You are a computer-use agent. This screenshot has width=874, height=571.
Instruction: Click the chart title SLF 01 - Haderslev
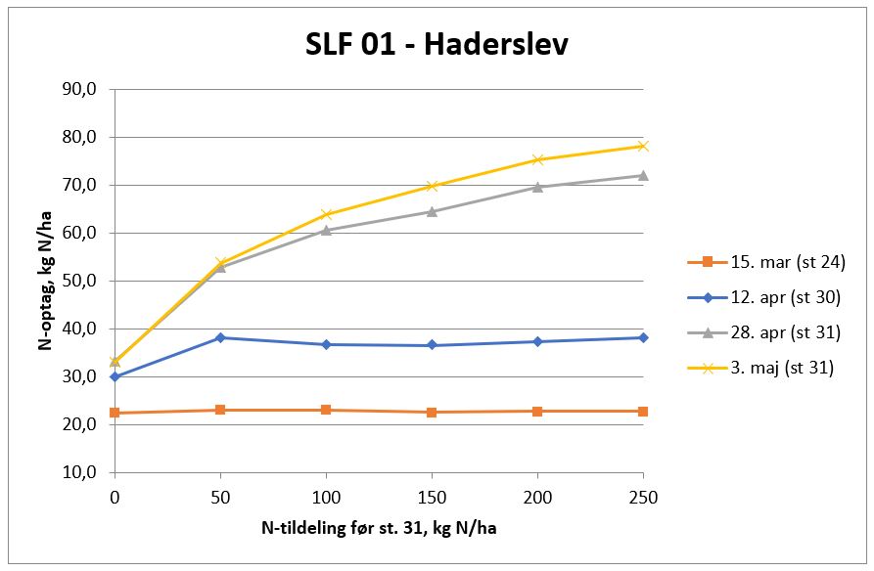click(x=436, y=45)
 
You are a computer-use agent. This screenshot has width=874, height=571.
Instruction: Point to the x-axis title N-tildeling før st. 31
click(x=379, y=528)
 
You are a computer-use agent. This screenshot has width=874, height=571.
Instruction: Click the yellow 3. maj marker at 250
click(x=643, y=146)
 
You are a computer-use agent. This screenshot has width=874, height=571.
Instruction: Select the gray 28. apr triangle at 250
click(x=643, y=175)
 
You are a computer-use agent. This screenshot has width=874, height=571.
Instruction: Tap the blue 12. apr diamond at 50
click(x=220, y=337)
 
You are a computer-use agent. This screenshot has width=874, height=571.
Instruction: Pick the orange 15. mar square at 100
click(x=326, y=410)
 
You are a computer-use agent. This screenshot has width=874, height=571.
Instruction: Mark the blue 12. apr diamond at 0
click(x=115, y=376)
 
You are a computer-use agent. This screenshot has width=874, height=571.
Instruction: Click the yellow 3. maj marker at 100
click(x=326, y=214)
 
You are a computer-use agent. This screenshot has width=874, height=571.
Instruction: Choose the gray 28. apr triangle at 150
click(x=432, y=211)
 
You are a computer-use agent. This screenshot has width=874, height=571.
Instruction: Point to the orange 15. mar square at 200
click(x=537, y=411)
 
